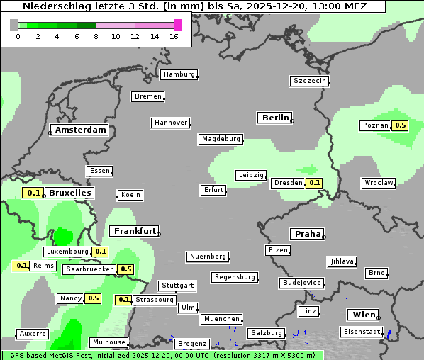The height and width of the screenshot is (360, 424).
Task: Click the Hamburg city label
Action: [x=179, y=74]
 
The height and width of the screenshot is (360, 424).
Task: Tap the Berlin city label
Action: [x=275, y=118]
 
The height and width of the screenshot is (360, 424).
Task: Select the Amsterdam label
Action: [x=80, y=130]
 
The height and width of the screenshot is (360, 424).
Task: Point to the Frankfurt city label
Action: [x=134, y=231]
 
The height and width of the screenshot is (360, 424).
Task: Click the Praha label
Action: [x=306, y=234]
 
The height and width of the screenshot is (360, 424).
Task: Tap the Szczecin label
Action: [x=310, y=81]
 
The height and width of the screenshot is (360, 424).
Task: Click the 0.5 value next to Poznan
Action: [x=400, y=125]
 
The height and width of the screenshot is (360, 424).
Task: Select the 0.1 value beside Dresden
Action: [x=314, y=183]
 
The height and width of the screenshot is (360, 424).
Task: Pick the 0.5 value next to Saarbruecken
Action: [x=125, y=269]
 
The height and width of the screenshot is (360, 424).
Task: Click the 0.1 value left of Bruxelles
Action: [x=33, y=193]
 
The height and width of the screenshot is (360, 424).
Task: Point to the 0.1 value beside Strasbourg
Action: [x=123, y=300]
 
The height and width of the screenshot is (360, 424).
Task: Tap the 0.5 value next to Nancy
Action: [x=93, y=298]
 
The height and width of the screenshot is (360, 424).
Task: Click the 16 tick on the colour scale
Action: [x=174, y=36]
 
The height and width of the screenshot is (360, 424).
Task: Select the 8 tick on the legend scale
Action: [x=96, y=36]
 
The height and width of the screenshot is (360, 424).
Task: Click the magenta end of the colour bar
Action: [x=177, y=25]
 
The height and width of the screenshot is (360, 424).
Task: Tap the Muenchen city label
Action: [x=222, y=319]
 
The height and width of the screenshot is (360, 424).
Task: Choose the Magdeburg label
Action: [x=221, y=139]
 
